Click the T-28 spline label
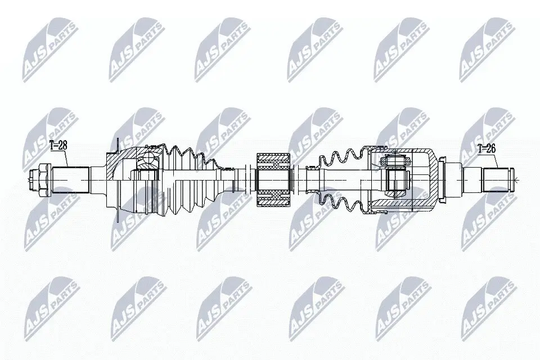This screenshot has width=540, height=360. tap(58, 146)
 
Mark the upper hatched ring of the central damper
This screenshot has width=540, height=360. tap(273, 162)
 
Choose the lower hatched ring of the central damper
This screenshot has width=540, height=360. tap(273, 197)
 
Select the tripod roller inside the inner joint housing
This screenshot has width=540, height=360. tap(395, 179)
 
